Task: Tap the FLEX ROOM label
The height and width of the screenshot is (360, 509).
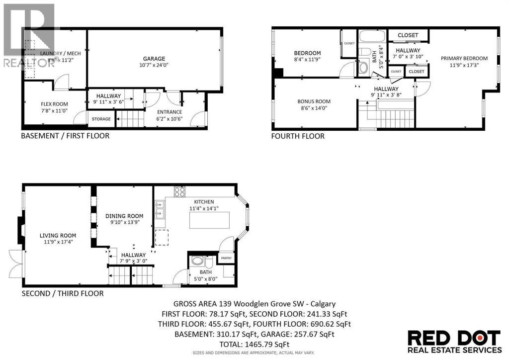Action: pyautogui.click(x=54, y=104)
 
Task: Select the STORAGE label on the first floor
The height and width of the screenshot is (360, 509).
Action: pyautogui.click(x=101, y=119)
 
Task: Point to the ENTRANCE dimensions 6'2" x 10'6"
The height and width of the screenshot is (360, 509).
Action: pyautogui.click(x=170, y=118)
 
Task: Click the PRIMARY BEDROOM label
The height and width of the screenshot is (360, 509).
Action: pyautogui.click(x=464, y=58)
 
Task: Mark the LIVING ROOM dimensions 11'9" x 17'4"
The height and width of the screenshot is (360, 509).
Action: pyautogui.click(x=58, y=242)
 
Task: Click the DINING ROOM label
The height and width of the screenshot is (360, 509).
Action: pyautogui.click(x=124, y=216)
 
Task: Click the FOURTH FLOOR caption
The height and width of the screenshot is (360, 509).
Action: pyautogui.click(x=298, y=136)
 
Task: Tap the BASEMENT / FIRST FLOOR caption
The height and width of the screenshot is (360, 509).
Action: pyautogui.click(x=65, y=136)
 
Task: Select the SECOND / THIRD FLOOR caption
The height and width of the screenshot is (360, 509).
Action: pyautogui.click(x=63, y=293)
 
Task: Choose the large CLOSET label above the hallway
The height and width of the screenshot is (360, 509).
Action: pyautogui.click(x=408, y=35)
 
